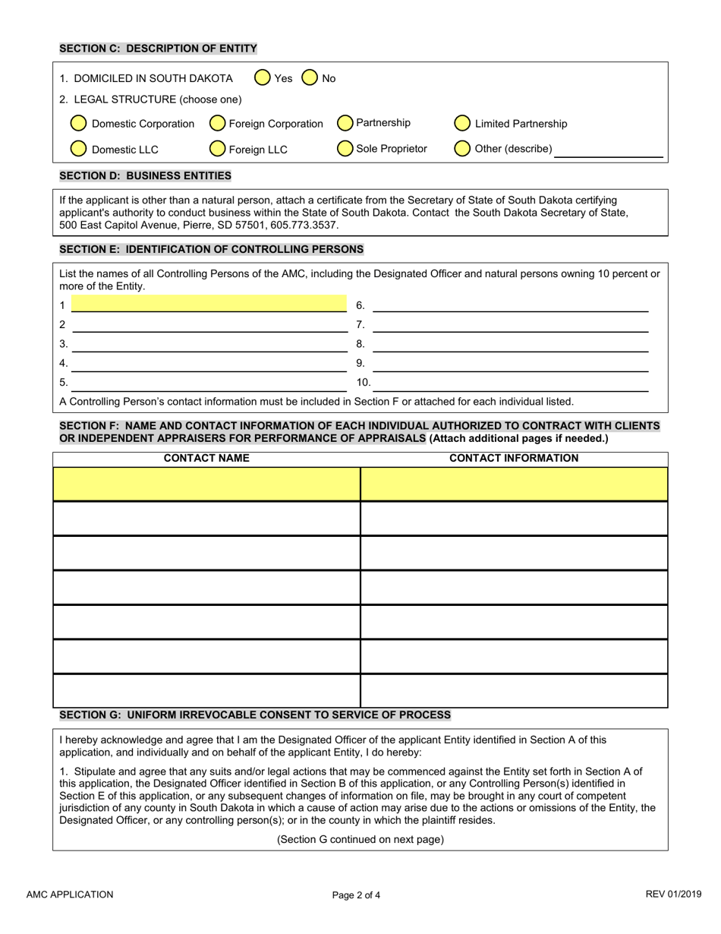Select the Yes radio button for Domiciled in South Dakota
point(262,77)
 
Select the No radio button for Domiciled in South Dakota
point(310,77)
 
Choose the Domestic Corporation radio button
point(78,124)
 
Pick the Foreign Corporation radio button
point(217,124)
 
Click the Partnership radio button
point(345,123)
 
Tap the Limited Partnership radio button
point(462,124)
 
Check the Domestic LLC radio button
point(78,149)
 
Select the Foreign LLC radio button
point(217,149)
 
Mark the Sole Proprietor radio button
point(345,148)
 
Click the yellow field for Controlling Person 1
point(208,304)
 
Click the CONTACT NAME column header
point(206,458)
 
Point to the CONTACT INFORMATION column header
point(514,458)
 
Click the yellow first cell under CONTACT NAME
point(206,484)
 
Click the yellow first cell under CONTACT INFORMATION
point(514,484)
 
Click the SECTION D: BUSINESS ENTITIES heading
point(145,175)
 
